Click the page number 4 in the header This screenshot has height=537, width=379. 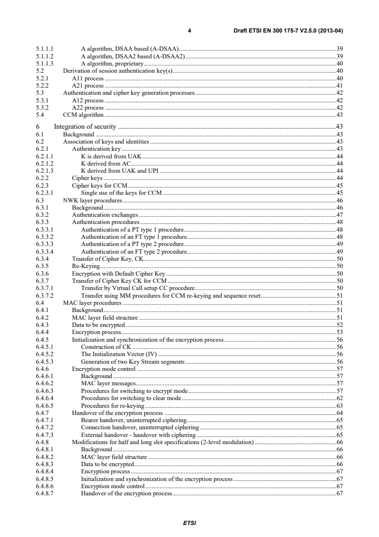click(189, 31)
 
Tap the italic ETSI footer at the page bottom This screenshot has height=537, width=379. click(189, 523)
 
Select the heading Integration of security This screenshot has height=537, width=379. click(86, 126)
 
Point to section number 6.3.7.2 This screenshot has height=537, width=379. click(44, 296)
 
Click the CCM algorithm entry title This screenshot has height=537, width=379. click(84, 115)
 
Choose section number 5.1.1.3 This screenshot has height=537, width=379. click(44, 63)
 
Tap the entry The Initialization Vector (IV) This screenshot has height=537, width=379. click(119, 355)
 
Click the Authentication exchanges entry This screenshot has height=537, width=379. click(101, 215)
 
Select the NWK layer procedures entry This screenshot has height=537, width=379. click(92, 200)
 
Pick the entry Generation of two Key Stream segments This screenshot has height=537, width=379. click(132, 362)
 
